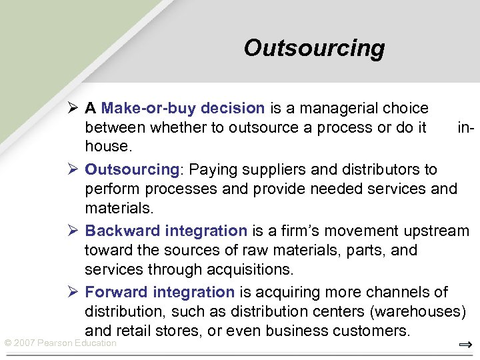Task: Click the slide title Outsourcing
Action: tap(314, 48)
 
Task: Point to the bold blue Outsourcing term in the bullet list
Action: tap(132, 169)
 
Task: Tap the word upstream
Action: tap(437, 231)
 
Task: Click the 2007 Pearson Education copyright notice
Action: tap(61, 343)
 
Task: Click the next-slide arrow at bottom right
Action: tap(465, 345)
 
